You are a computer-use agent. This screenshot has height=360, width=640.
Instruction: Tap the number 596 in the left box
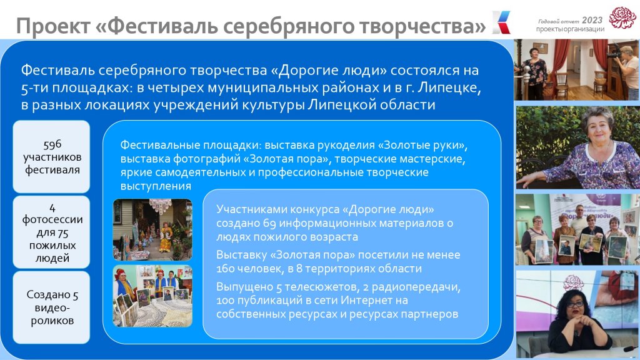pyautogui.click(x=52, y=144)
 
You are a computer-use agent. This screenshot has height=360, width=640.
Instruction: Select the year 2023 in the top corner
pyautogui.click(x=592, y=20)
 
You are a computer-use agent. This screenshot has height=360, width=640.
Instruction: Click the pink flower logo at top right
pyautogui.click(x=622, y=18)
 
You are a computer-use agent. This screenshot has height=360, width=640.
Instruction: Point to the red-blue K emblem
pyautogui.click(x=501, y=22)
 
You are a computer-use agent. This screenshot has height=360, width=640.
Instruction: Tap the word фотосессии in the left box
pyautogui.click(x=52, y=219)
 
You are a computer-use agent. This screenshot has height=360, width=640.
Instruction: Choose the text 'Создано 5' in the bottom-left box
pyautogui.click(x=52, y=295)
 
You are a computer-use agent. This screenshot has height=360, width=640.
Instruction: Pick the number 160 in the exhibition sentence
pyautogui.click(x=224, y=269)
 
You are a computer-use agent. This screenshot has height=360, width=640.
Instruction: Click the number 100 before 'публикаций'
pyautogui.click(x=224, y=301)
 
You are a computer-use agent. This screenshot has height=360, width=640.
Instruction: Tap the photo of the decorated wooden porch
pyautogui.click(x=152, y=230)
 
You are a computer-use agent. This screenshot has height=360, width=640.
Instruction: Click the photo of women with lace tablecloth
pyautogui.click(x=152, y=296)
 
